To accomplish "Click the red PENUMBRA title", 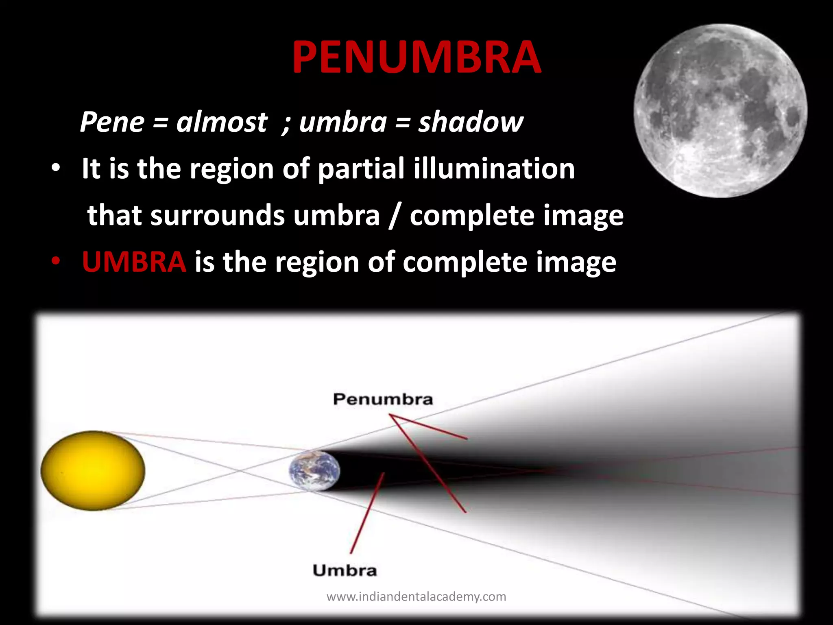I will coord(416,58).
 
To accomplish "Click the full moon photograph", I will coord(720,111).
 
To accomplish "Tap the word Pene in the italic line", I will coord(112,122).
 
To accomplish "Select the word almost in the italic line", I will coord(222,122).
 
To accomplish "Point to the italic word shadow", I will coord(471,122).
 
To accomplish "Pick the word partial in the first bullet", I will coord(361,169).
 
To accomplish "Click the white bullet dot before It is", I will coord(56,168).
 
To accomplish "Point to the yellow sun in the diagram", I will coord(93,470).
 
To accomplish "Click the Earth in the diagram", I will coord(314,471).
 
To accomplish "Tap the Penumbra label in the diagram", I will coord(383,399).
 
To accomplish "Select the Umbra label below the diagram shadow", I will coord(345,570).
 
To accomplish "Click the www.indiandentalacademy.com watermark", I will coord(416,597).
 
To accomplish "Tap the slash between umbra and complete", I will coord(394,216).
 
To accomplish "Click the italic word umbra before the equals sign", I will coord(342,122).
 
